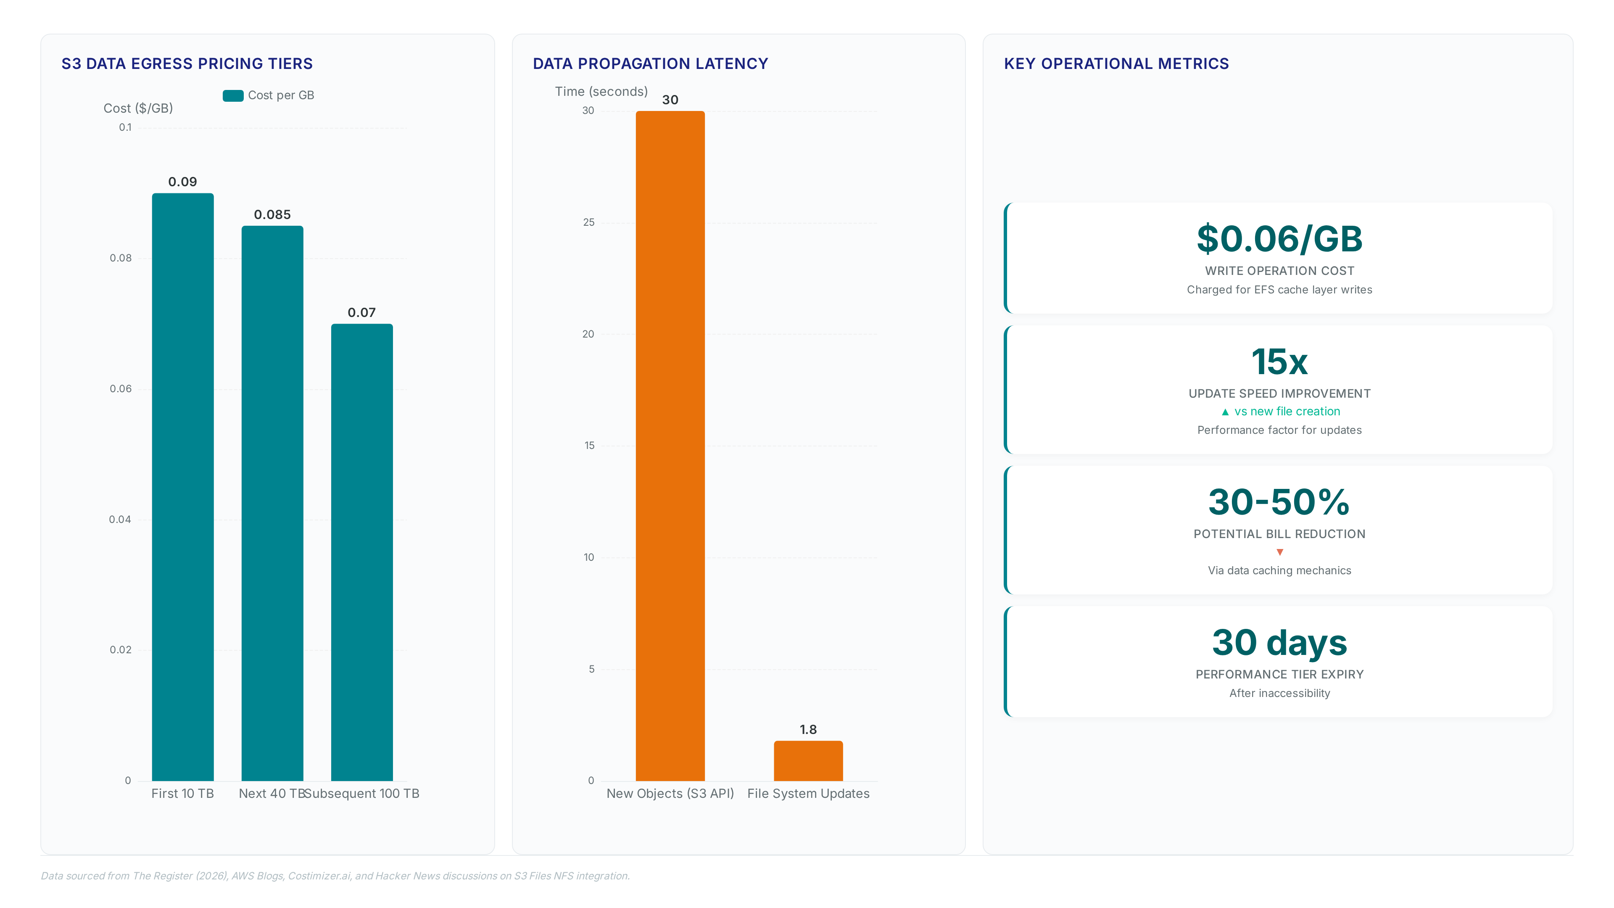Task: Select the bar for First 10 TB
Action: click(x=183, y=487)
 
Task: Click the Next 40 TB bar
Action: click(x=272, y=503)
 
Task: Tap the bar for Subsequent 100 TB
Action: click(x=362, y=552)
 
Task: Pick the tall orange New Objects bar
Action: click(x=670, y=446)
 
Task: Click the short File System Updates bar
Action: click(x=808, y=761)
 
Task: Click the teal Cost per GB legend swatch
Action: click(x=233, y=95)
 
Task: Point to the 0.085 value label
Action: click(x=272, y=214)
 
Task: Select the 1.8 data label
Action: click(x=808, y=729)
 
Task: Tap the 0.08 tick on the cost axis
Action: click(x=121, y=258)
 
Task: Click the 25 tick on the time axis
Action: click(x=589, y=222)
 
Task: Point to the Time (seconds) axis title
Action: click(x=601, y=92)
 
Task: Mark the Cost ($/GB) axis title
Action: click(x=138, y=108)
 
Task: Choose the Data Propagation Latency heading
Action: click(x=650, y=64)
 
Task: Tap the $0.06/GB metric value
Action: click(x=1279, y=239)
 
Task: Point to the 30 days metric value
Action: click(x=1279, y=643)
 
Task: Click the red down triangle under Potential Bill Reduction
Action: click(x=1280, y=552)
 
